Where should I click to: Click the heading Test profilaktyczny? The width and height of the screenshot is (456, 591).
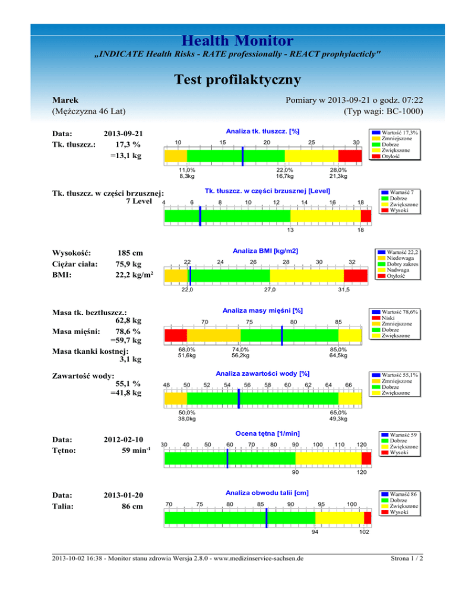pyautogui.click(x=228, y=79)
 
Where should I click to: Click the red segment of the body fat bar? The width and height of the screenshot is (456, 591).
pyautogui.click(x=350, y=156)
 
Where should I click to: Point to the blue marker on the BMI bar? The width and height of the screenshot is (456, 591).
pyautogui.click(x=190, y=276)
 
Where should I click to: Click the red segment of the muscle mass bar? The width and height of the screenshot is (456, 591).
pyautogui.click(x=176, y=335)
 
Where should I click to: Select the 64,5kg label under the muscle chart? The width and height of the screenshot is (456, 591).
pyautogui.click(x=340, y=356)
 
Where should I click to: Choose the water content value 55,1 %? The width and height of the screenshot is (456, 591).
pyautogui.click(x=128, y=384)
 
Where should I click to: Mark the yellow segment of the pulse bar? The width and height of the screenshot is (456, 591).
pyautogui.click(x=328, y=458)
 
